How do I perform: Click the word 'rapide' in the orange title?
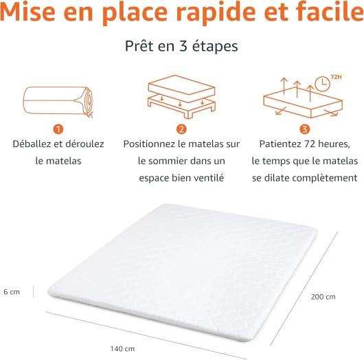pyautogui.click(x=216, y=12)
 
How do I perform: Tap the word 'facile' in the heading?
pyautogui.click(x=330, y=11)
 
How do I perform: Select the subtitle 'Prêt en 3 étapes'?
pyautogui.click(x=181, y=46)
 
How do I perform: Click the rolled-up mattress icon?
pyautogui.click(x=58, y=102)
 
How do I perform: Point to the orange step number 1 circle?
pyautogui.click(x=58, y=129)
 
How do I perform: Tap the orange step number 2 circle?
pyautogui.click(x=181, y=129)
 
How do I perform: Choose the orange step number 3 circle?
pyautogui.click(x=304, y=129)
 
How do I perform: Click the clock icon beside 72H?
pyautogui.click(x=322, y=83)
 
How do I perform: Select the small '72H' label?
pyautogui.click(x=336, y=77)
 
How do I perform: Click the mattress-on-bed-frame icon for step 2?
pyautogui.click(x=181, y=97)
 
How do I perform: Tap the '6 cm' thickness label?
pyautogui.click(x=12, y=292)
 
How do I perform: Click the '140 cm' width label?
pyautogui.click(x=122, y=348)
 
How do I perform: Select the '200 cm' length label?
pyautogui.click(x=323, y=297)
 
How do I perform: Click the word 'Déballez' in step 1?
pyautogui.click(x=32, y=144)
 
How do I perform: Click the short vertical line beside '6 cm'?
pyautogui.click(x=34, y=292)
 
